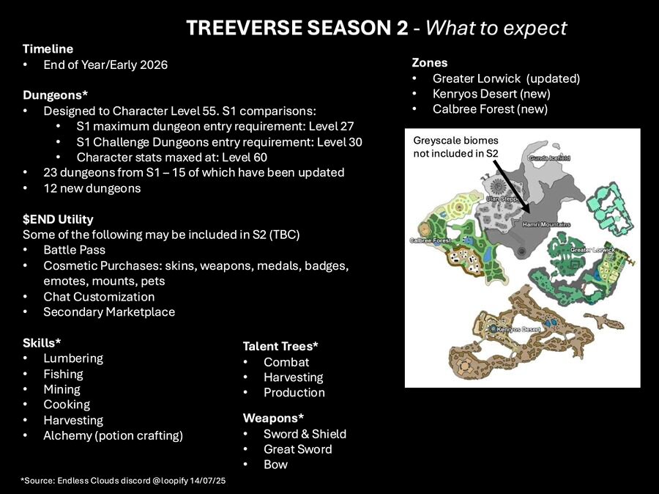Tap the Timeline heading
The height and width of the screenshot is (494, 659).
tap(48, 49)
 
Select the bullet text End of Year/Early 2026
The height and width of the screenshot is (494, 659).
tap(105, 64)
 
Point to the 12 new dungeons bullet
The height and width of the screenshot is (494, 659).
tap(92, 188)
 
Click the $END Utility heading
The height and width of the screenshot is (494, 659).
tap(58, 219)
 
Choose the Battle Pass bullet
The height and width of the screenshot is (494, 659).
tap(75, 250)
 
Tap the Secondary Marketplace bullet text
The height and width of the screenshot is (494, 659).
tap(109, 311)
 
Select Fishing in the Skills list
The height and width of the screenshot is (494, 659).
tap(64, 374)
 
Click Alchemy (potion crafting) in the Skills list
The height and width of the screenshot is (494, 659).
tap(113, 435)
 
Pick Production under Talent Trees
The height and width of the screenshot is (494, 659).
tap(294, 393)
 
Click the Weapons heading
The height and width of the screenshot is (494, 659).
tap(273, 419)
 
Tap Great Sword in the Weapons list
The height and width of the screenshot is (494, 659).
tap(298, 449)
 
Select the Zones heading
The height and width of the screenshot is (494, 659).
tap(430, 63)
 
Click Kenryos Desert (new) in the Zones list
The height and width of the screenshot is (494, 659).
tap(492, 94)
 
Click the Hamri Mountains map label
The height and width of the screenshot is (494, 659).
tap(546, 224)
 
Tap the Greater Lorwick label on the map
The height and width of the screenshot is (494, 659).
tap(592, 250)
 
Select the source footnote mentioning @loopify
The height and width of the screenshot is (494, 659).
tap(123, 481)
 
